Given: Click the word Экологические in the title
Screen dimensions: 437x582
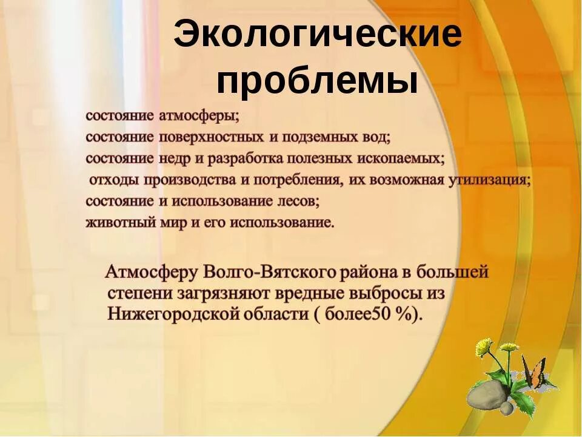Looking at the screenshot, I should [318, 36].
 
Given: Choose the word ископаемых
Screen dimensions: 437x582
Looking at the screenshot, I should [405, 158].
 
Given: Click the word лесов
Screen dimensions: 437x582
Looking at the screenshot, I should [298, 200].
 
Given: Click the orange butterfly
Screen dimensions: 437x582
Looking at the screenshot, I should [534, 373].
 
